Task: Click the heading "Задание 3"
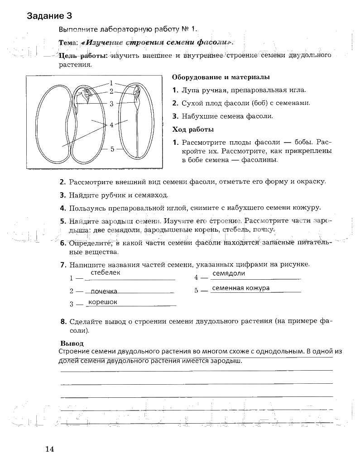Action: pyautogui.click(x=49, y=16)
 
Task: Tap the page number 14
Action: pyautogui.click(x=49, y=449)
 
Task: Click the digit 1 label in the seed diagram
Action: pyautogui.click(x=110, y=83)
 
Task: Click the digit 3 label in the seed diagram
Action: pyautogui.click(x=111, y=104)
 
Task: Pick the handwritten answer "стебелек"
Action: pyautogui.click(x=106, y=273)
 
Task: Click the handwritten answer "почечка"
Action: pyautogui.click(x=104, y=291)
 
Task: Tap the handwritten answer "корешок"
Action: pyautogui.click(x=103, y=302)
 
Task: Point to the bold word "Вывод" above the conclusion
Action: pyautogui.click(x=72, y=343)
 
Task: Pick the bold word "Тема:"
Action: pyautogui.click(x=68, y=43)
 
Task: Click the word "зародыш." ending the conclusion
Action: pyautogui.click(x=226, y=361)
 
